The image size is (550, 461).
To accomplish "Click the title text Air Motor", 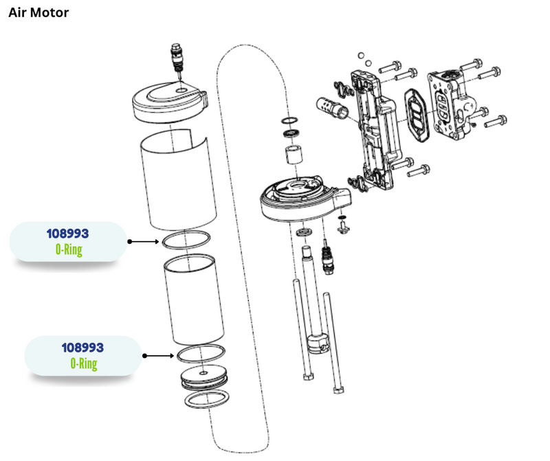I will click(x=38, y=13).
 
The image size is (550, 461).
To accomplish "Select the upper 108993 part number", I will click(x=68, y=234).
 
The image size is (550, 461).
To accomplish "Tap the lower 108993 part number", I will click(x=83, y=348).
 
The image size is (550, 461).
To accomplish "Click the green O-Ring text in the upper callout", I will click(x=69, y=249).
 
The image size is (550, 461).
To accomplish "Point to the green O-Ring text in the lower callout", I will click(x=84, y=363).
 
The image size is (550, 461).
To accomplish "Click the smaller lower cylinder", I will click(x=194, y=301).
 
